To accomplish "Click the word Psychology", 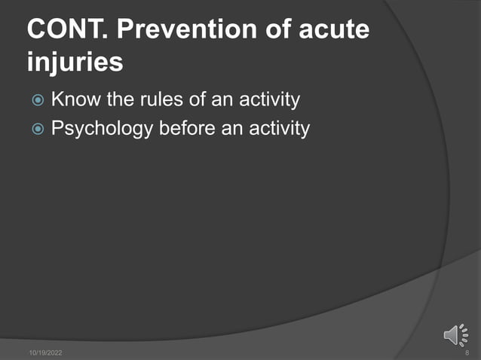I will [103, 129].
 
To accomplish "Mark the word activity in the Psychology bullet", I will [278, 129].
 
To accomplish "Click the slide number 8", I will [467, 352].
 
